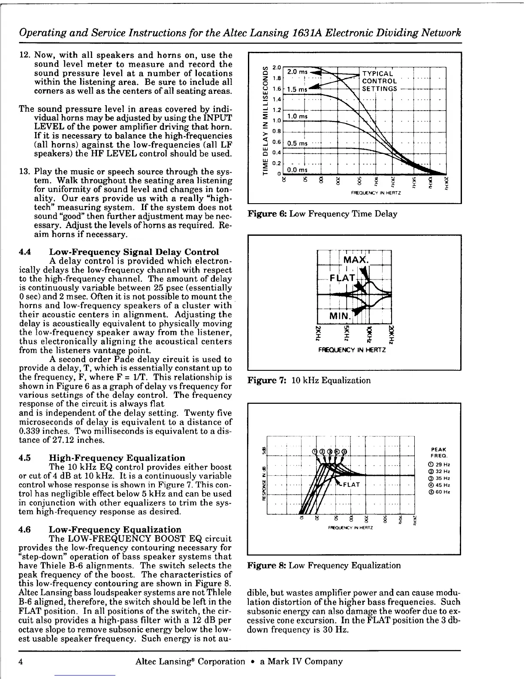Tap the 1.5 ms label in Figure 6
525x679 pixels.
(297, 90)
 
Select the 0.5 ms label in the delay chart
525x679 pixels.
(297, 143)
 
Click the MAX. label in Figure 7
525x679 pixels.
(356, 260)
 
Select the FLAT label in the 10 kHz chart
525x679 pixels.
(343, 277)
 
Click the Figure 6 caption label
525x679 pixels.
(267, 213)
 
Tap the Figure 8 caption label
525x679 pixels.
(267, 565)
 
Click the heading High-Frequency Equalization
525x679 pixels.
(118, 458)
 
